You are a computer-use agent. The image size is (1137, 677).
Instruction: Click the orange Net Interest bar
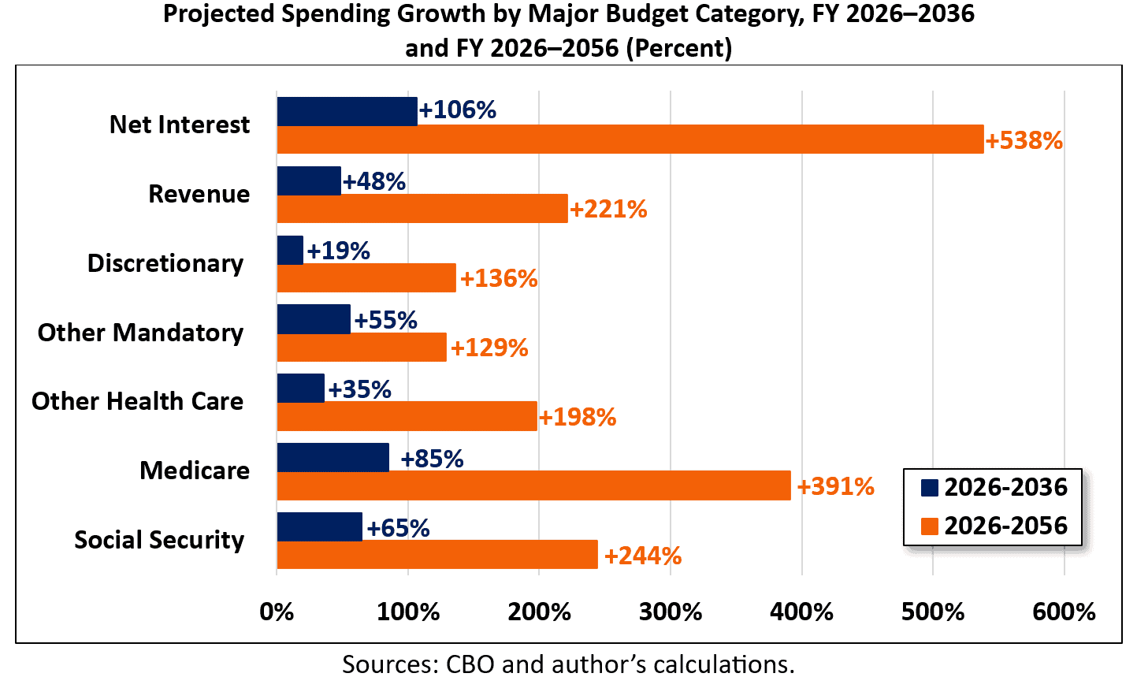pyautogui.click(x=630, y=139)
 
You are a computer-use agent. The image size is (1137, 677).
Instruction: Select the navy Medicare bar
pyautogui.click(x=333, y=458)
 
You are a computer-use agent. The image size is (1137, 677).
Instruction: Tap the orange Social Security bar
pyautogui.click(x=437, y=555)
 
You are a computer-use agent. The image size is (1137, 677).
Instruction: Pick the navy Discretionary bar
pyautogui.click(x=290, y=250)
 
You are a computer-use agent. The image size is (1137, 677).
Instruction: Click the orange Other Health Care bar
pyautogui.click(x=407, y=416)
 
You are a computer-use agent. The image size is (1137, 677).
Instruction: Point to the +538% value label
pyautogui.click(x=1024, y=141)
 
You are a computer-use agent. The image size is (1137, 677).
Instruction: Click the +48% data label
pyautogui.click(x=374, y=181)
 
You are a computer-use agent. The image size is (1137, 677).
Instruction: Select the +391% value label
pyautogui.click(x=835, y=486)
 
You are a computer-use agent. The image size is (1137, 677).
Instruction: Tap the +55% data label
pyautogui.click(x=385, y=320)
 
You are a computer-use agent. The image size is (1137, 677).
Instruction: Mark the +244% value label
pyautogui.click(x=642, y=556)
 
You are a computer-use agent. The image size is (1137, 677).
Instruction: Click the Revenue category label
pyautogui.click(x=199, y=194)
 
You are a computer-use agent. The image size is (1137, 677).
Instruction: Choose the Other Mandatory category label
pyautogui.click(x=140, y=333)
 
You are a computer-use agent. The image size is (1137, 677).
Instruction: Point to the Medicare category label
pyautogui.click(x=195, y=471)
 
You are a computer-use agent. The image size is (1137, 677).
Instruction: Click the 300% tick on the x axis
pyautogui.click(x=671, y=612)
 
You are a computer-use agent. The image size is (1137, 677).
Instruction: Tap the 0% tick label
pyautogui.click(x=277, y=612)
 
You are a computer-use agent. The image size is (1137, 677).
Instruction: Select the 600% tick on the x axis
pyautogui.click(x=1064, y=612)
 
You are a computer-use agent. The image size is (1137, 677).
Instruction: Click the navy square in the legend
pyautogui.click(x=930, y=487)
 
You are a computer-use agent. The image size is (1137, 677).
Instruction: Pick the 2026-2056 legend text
pyautogui.click(x=1005, y=526)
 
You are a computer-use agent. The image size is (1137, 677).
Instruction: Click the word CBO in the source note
pyautogui.click(x=470, y=664)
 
